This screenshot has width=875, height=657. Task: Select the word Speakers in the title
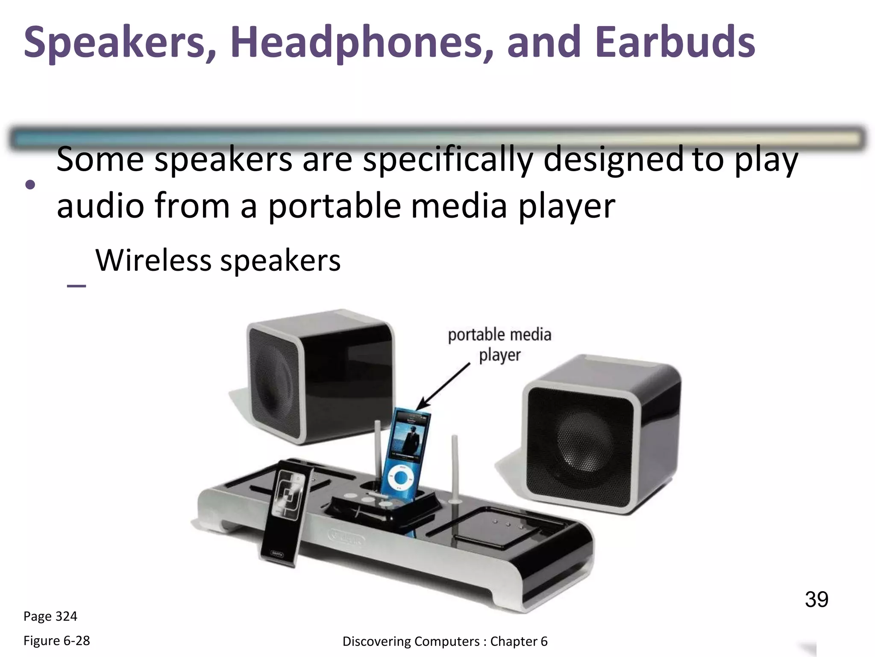tap(115, 43)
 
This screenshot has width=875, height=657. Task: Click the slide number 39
tap(816, 599)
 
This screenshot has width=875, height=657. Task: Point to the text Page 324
tap(50, 616)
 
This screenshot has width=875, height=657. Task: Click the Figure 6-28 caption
tap(56, 641)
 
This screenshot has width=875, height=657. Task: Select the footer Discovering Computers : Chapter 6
tap(445, 642)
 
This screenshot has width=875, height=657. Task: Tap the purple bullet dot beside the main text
tap(30, 185)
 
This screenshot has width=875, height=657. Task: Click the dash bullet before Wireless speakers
tap(76, 285)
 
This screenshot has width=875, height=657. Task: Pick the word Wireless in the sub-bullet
tap(153, 260)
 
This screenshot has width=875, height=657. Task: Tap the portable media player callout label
tap(499, 345)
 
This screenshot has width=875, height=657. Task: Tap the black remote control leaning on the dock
tap(284, 513)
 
